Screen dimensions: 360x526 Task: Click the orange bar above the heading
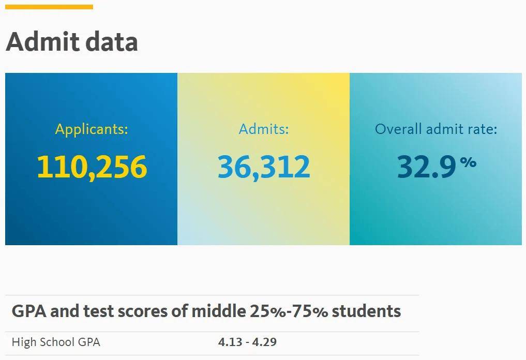(x=49, y=7)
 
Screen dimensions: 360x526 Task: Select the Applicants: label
(x=92, y=129)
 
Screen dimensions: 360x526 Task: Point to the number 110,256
(x=92, y=167)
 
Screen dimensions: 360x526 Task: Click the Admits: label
(x=264, y=129)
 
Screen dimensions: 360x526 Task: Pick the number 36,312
(x=264, y=167)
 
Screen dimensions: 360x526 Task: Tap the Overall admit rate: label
(x=435, y=129)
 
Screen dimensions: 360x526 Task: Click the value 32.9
(x=427, y=167)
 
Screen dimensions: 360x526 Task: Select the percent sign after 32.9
(x=468, y=162)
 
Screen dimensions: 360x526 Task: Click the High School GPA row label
(x=56, y=342)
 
